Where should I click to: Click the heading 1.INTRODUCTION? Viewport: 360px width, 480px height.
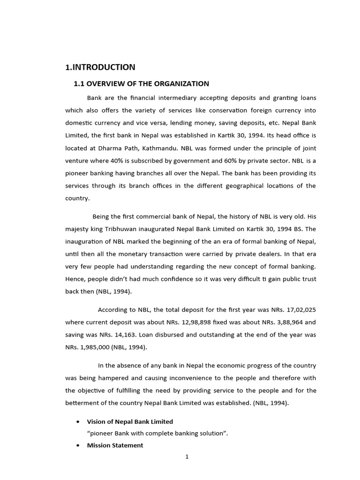[x=100, y=67]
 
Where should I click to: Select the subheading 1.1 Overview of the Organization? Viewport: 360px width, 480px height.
[x=141, y=84]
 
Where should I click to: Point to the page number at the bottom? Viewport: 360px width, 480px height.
[x=187, y=458]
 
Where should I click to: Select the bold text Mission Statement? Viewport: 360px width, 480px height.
[x=115, y=446]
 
